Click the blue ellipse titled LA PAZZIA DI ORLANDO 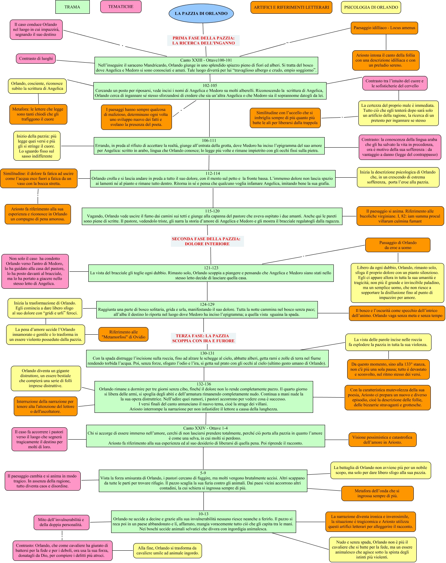coord(201,13)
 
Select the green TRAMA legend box coord(72,7)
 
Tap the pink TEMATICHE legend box coord(121,7)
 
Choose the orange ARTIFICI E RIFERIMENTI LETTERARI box coord(291,7)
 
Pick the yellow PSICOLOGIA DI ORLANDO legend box coord(371,7)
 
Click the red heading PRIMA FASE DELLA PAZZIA coord(203,41)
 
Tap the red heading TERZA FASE coord(203,338)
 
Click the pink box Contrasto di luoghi coord(36,59)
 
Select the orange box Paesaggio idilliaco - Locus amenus coord(384,28)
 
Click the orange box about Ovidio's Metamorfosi coord(123,334)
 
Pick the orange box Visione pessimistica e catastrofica coord(382,440)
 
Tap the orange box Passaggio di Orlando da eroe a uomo coord(397,245)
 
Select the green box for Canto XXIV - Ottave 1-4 coord(206,436)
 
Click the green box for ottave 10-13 coord(203,521)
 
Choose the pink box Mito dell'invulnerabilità coord(61,522)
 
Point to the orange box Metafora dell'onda coord(377,494)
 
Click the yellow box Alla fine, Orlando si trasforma coord(167,550)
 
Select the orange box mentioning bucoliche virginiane coord(400,216)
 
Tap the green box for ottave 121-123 coord(211,273)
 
